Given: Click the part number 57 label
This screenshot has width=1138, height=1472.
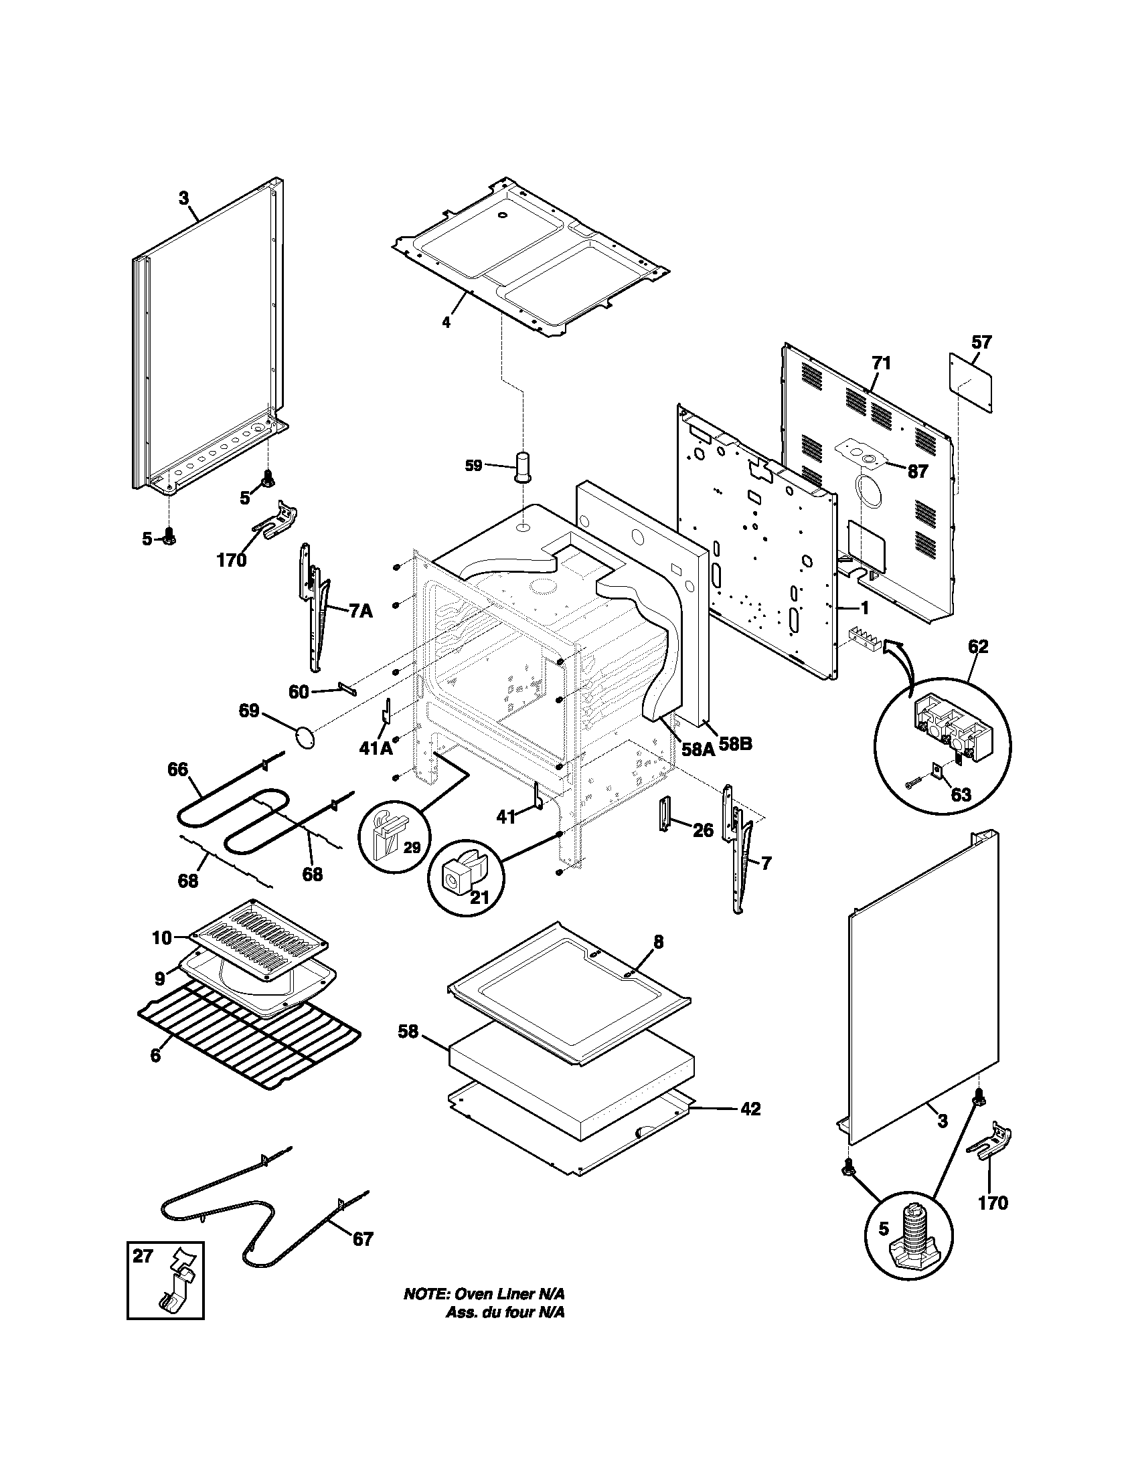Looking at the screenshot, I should [x=981, y=342].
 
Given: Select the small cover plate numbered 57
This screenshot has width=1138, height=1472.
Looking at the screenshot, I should [x=971, y=383].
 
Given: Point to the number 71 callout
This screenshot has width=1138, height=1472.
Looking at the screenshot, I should [x=881, y=363].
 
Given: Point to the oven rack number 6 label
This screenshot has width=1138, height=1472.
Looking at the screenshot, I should [x=155, y=1055].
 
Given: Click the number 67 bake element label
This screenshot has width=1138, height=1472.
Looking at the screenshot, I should [x=363, y=1238].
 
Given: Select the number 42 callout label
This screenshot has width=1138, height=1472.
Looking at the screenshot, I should [x=750, y=1108].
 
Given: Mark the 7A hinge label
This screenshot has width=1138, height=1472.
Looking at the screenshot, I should [x=361, y=612].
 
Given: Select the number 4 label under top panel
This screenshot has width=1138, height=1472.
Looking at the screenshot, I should [x=446, y=323].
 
